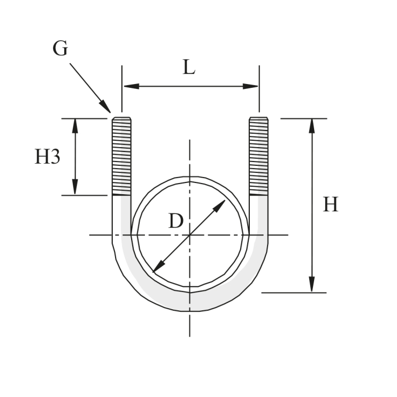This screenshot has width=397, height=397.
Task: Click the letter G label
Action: (60, 49)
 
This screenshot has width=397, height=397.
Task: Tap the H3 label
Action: (47, 157)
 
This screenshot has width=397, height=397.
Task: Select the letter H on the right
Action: (330, 205)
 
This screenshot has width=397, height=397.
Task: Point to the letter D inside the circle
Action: (175, 221)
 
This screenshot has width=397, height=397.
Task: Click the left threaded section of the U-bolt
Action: (121, 156)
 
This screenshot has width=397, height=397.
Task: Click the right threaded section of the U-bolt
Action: (259, 156)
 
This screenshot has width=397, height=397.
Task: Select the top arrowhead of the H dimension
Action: (312, 125)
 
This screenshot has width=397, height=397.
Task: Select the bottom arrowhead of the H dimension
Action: (312, 286)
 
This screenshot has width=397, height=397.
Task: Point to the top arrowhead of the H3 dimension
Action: (75, 125)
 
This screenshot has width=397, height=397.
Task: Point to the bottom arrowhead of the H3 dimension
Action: (75, 189)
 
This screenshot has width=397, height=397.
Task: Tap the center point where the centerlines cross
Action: (190, 234)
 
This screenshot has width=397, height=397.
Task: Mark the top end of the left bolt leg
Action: (121, 118)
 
